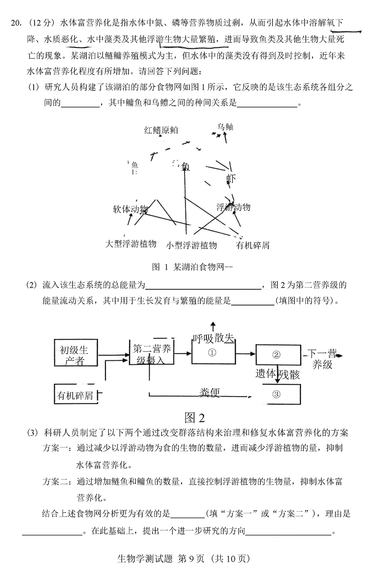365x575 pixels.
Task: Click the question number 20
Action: (16, 23)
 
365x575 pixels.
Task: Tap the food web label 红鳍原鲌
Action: (161, 130)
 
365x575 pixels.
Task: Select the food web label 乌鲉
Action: (225, 127)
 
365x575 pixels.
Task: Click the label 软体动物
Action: (130, 209)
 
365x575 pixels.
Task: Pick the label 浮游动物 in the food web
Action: (233, 207)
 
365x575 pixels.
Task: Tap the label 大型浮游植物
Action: (131, 243)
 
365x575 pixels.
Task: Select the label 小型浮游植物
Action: (191, 245)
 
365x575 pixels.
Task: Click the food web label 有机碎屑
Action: (253, 245)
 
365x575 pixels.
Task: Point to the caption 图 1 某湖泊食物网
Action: (192, 267)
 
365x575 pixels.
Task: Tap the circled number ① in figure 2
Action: (213, 353)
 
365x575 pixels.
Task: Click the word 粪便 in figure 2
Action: (209, 392)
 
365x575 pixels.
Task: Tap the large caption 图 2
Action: (195, 418)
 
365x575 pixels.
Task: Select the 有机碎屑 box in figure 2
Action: (76, 395)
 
